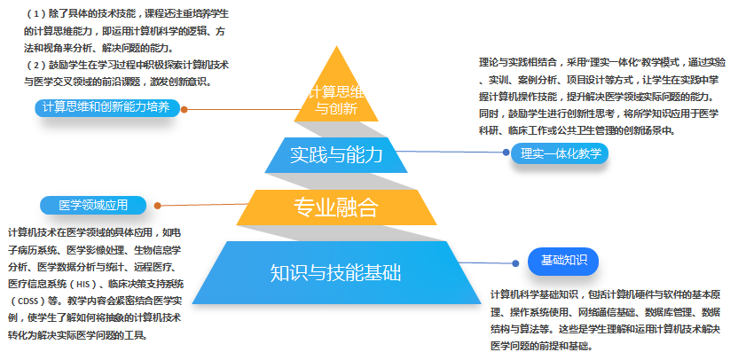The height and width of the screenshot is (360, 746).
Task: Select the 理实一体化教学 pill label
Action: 560,153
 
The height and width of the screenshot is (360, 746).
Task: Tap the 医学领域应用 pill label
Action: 93,205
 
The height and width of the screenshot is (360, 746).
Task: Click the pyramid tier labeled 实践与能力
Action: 336,155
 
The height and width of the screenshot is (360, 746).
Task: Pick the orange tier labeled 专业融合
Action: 336,207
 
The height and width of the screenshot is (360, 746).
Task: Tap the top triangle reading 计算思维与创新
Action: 336,100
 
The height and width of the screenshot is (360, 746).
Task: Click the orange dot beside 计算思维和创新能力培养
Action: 183,110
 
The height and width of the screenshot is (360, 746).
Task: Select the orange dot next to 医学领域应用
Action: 157,206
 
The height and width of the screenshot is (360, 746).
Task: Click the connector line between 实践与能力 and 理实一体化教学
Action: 452,152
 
